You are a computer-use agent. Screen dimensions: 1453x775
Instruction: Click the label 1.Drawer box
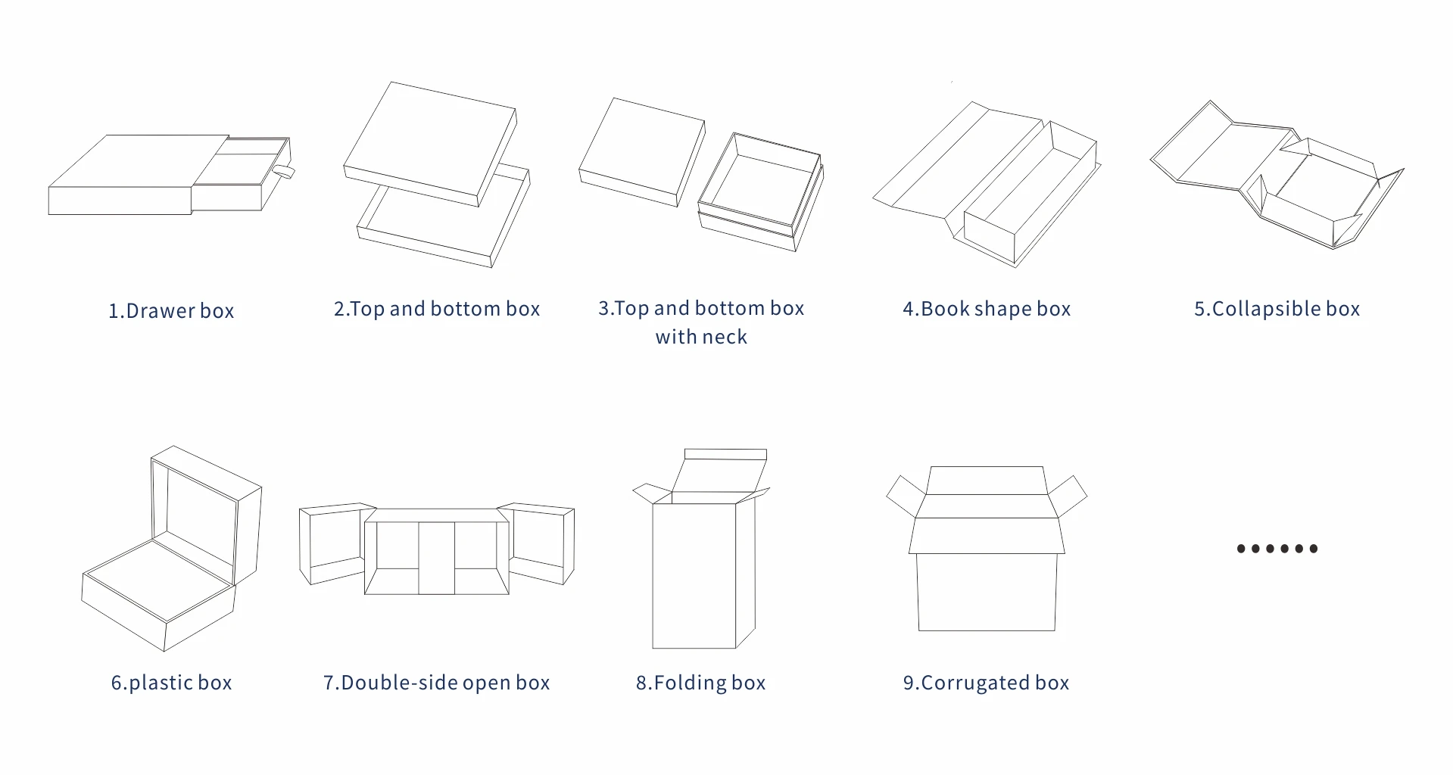(171, 311)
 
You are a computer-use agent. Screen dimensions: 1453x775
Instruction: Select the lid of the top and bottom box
(429, 144)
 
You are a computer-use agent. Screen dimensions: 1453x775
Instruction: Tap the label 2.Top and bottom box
(437, 309)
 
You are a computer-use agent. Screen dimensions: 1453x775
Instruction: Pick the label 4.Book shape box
(987, 309)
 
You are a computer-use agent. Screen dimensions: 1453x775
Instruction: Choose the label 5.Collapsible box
(1277, 309)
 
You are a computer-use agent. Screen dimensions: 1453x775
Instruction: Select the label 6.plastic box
(171, 683)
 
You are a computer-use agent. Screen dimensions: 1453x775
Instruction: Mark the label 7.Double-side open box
(436, 683)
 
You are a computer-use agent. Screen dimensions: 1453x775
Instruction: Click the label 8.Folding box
(700, 683)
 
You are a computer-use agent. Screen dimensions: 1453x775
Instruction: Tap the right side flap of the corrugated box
(1068, 496)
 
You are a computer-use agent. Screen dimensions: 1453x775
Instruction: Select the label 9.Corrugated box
(986, 683)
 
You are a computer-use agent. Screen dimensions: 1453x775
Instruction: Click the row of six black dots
(1277, 549)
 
